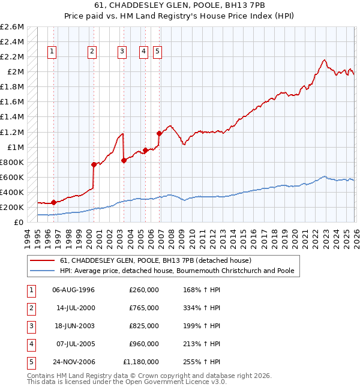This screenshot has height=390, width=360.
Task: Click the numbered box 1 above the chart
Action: [53, 52]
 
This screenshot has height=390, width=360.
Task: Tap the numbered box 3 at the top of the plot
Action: [122, 52]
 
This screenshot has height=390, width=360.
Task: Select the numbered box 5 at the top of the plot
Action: [157, 52]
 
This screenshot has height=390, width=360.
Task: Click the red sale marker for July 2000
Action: [94, 164]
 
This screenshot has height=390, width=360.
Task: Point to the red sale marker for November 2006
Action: [159, 133]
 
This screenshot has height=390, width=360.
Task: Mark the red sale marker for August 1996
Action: [53, 202]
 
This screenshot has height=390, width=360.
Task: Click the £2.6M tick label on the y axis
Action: [12, 27]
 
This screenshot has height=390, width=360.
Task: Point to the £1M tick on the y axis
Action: [14, 147]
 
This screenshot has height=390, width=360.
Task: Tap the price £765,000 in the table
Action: [144, 308]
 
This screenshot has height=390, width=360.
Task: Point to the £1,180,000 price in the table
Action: [141, 362]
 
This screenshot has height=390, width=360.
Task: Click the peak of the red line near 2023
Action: [324, 60]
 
